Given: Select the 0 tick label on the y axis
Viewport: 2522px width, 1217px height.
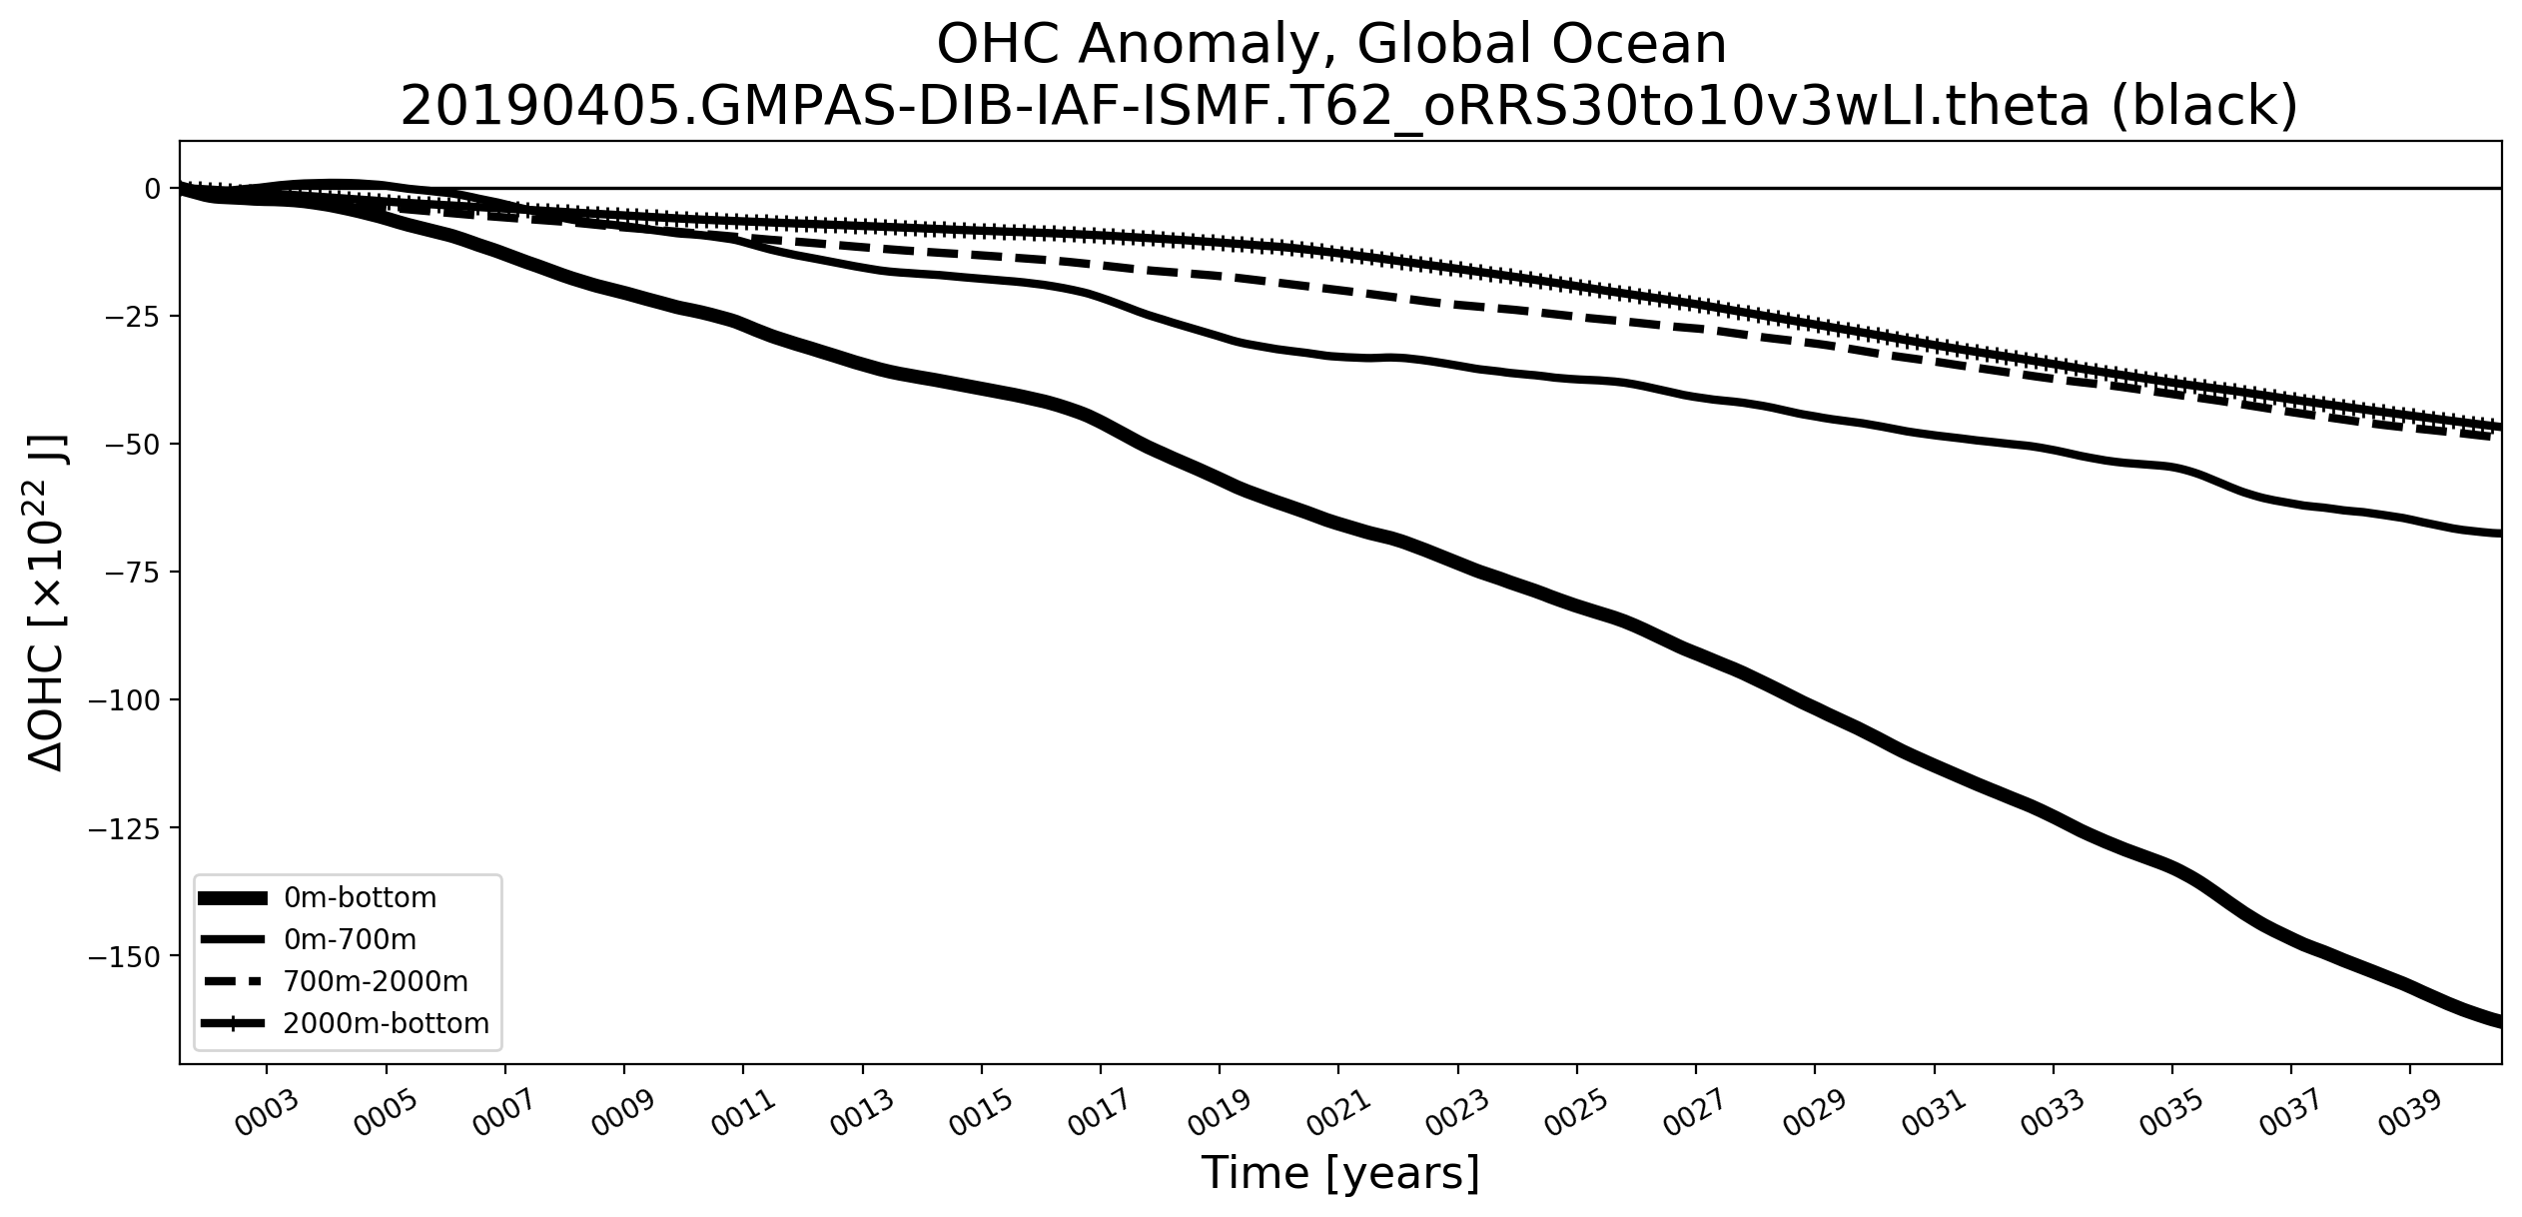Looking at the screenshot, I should coord(152,188).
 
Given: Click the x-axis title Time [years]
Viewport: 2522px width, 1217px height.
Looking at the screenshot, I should coord(1339,1173).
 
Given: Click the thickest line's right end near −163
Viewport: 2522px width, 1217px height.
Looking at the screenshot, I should coord(2498,1021).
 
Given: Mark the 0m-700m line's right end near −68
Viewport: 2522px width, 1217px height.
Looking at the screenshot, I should coord(2498,534).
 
